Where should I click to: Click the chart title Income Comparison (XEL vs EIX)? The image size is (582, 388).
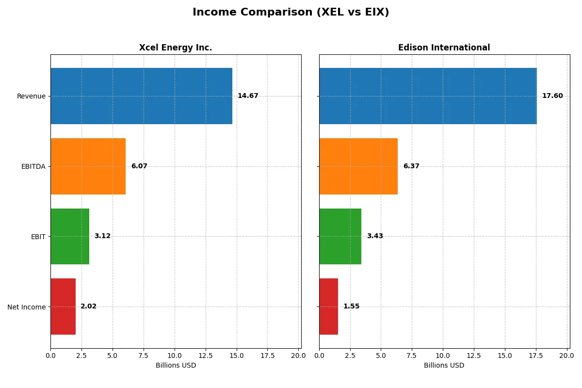[291, 12]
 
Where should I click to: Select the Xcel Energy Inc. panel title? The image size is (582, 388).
[176, 48]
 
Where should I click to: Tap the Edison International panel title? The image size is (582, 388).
[444, 48]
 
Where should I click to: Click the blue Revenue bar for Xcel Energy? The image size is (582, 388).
[141, 96]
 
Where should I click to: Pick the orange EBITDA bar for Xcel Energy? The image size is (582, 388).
[88, 166]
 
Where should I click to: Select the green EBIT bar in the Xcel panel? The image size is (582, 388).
[70, 236]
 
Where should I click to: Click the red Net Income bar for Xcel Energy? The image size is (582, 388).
[63, 307]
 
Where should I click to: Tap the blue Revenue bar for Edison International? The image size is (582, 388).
[428, 96]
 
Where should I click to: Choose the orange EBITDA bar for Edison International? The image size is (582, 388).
[358, 166]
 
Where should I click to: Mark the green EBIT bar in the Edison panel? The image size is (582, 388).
[340, 236]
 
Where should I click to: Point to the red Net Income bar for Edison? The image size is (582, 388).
[328, 307]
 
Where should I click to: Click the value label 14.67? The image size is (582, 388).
[248, 96]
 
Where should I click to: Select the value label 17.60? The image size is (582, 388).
[552, 96]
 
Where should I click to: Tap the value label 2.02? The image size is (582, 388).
[88, 307]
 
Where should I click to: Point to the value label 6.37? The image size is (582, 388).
[411, 166]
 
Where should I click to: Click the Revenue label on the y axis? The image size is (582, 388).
[31, 96]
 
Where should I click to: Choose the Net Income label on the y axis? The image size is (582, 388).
[27, 307]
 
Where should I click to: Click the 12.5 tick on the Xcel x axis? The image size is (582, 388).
[206, 356]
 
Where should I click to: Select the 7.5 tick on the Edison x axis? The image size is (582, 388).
[412, 356]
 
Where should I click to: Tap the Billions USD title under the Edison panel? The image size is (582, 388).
[444, 366]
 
